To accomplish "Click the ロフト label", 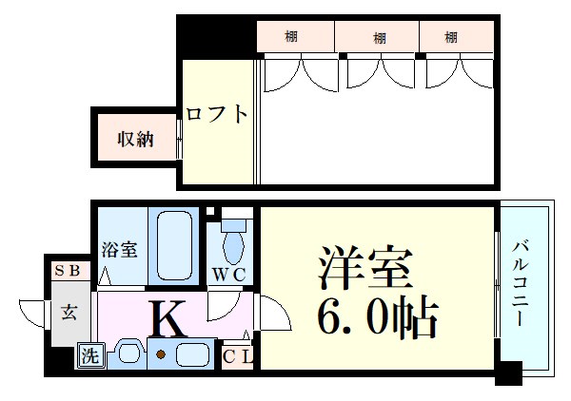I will click(x=217, y=114).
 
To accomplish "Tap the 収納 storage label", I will click(x=136, y=139).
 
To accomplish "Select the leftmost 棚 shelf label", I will click(x=291, y=37).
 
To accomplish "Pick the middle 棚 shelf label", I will click(x=379, y=37).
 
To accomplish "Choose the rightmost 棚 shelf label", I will click(x=451, y=37).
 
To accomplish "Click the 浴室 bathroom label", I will click(x=121, y=251).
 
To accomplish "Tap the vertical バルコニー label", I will click(x=520, y=285).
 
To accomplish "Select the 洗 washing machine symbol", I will click(x=89, y=356).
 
